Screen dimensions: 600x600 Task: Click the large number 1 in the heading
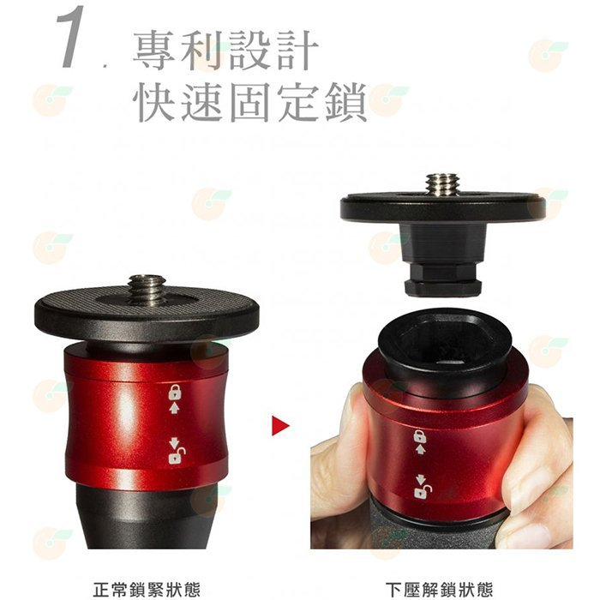pyautogui.click(x=72, y=37)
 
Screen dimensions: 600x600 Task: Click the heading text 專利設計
pyautogui.click(x=225, y=50)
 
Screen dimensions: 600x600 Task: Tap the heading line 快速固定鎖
pyautogui.click(x=250, y=102)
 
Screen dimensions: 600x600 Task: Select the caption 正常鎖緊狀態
pyautogui.click(x=147, y=590)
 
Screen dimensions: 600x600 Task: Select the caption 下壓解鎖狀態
pyautogui.click(x=439, y=590)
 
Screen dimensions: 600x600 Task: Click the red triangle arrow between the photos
pyautogui.click(x=280, y=425)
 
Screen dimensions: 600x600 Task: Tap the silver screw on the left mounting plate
pyautogui.click(x=147, y=288)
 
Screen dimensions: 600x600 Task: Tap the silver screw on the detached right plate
pyautogui.click(x=442, y=185)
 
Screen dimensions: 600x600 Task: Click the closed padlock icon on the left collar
pyautogui.click(x=175, y=393)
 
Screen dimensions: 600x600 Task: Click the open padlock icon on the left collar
pyautogui.click(x=177, y=456)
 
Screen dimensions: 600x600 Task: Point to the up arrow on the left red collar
pyautogui.click(x=174, y=408)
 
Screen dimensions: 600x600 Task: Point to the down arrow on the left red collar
pyautogui.click(x=174, y=442)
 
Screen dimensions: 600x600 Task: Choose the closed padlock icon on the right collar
pyautogui.click(x=420, y=436)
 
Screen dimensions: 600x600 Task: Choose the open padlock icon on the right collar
pyautogui.click(x=423, y=492)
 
